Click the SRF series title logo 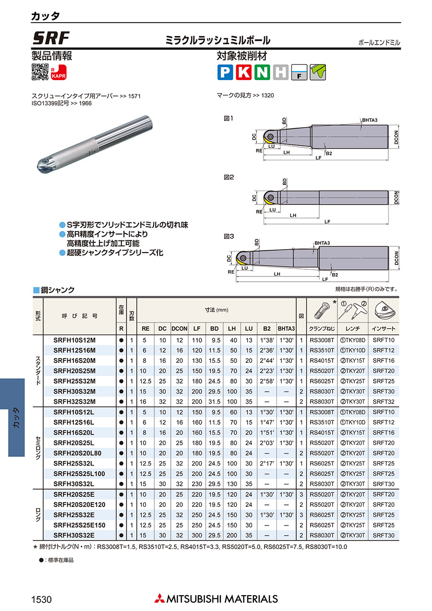coord(51,38)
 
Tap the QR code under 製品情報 coord(40,72)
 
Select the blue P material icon coord(225,72)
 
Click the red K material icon coord(243,72)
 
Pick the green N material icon coord(262,72)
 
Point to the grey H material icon coord(281,72)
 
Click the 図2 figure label coord(228,177)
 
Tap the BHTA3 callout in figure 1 coord(370,120)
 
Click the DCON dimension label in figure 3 coord(396,258)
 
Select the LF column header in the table coord(197,329)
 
